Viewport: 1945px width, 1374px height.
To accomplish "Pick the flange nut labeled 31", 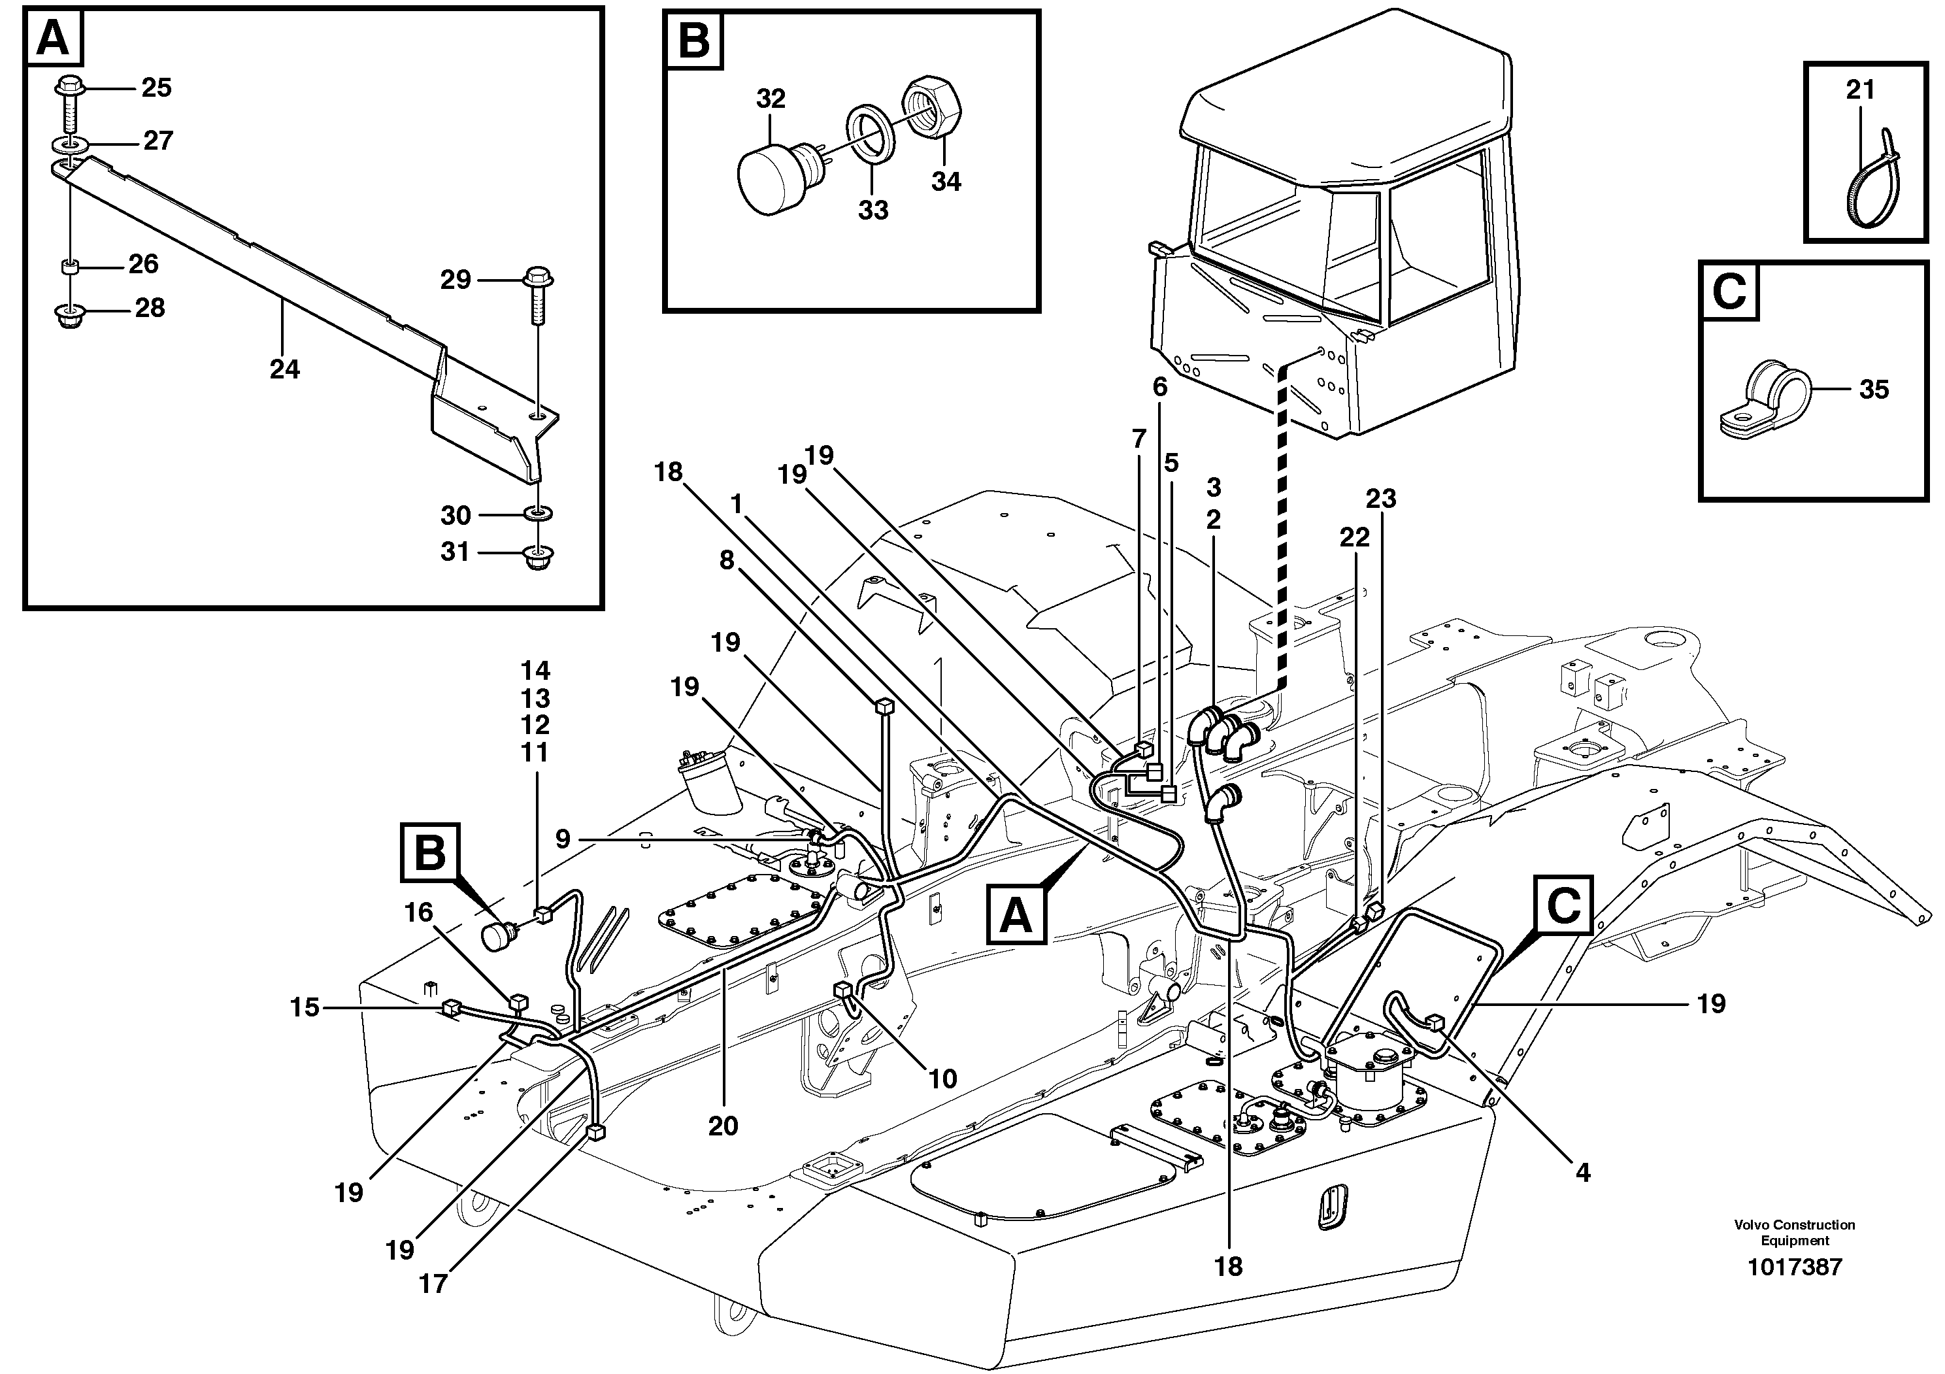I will pyautogui.click(x=535, y=558).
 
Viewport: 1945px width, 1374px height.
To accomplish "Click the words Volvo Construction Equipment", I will pyautogui.click(x=1794, y=1233).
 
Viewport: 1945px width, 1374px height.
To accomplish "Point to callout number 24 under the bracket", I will pyautogui.click(x=285, y=369).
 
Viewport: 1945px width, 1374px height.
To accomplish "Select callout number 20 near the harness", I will pyautogui.click(x=723, y=1126).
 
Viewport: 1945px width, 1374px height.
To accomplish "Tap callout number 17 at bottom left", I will pyautogui.click(x=433, y=1284).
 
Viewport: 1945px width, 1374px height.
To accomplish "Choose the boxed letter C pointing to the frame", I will pyautogui.click(x=1563, y=905).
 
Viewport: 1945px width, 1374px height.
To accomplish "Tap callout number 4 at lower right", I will pyautogui.click(x=1582, y=1173).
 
